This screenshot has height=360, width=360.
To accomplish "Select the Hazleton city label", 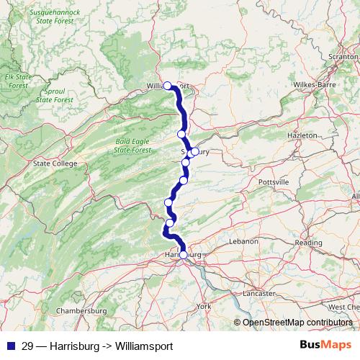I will coord(301,135).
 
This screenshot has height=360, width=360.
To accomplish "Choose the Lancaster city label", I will coord(258,293).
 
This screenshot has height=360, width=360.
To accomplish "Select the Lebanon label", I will coord(243,242).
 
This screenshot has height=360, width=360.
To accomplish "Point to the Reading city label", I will coord(308,243).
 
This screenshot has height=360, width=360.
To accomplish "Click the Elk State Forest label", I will coord(18,80).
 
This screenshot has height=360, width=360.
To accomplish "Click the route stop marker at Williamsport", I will coord(168,86).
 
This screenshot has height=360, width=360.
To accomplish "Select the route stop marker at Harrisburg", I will coord(183,255).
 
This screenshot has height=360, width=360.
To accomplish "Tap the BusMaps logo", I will coord(325,346).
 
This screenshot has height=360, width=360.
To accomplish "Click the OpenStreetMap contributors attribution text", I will coord(297,322).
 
